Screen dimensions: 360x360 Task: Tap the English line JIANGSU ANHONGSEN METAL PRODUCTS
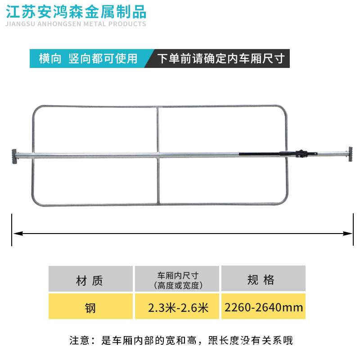pyautogui.click(x=74, y=24)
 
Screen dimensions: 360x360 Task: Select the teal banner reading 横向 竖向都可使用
pyautogui.click(x=88, y=58)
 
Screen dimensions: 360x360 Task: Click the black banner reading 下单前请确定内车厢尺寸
pyautogui.click(x=220, y=58)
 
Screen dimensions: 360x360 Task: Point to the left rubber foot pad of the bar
pyautogui.click(x=14, y=156)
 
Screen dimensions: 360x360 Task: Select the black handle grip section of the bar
pyautogui.click(x=261, y=153)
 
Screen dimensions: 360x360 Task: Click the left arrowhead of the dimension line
pyautogui.click(x=16, y=233)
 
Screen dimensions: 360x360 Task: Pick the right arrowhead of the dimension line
pyautogui.click(x=349, y=233)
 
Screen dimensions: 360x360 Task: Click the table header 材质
pyautogui.click(x=90, y=281)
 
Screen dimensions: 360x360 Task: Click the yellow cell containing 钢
pyautogui.click(x=90, y=308)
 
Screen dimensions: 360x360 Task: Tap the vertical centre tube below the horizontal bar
pyautogui.click(x=158, y=180)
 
